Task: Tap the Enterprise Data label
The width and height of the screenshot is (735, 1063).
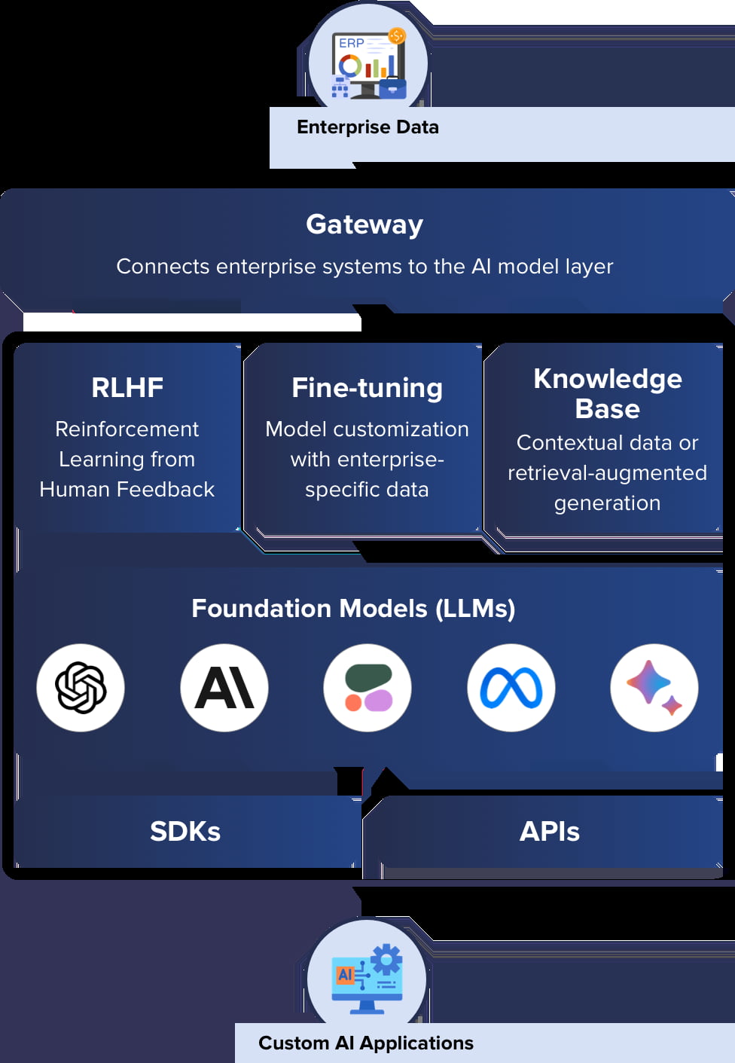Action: coord(367,127)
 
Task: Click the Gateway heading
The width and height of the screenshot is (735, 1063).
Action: coord(364,225)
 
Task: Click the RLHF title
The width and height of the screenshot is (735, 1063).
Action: coord(127,387)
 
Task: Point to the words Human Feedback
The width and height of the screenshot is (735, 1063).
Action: coord(127,490)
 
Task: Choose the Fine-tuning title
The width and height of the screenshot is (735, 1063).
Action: coord(367,388)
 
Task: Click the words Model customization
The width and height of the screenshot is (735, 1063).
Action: coord(367,429)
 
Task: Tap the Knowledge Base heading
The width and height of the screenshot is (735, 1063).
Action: coord(607,393)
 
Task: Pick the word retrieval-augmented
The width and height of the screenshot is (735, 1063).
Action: coord(607,473)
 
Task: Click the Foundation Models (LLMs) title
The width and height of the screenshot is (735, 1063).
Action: coord(353,608)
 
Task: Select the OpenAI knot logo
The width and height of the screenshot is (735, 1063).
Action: coord(81,687)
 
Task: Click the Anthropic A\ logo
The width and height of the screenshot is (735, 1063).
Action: coord(224,687)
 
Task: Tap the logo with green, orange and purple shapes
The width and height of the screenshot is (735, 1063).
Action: coord(367,687)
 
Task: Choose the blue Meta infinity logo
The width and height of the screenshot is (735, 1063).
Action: coord(511,687)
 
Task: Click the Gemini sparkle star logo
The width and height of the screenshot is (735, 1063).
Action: coord(654,687)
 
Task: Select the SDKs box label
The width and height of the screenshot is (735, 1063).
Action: coord(185,832)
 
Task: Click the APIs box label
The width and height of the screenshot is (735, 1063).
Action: coord(550,832)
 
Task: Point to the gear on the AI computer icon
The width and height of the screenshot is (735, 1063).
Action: coord(387,959)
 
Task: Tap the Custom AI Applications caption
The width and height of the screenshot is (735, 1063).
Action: coord(366,1043)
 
